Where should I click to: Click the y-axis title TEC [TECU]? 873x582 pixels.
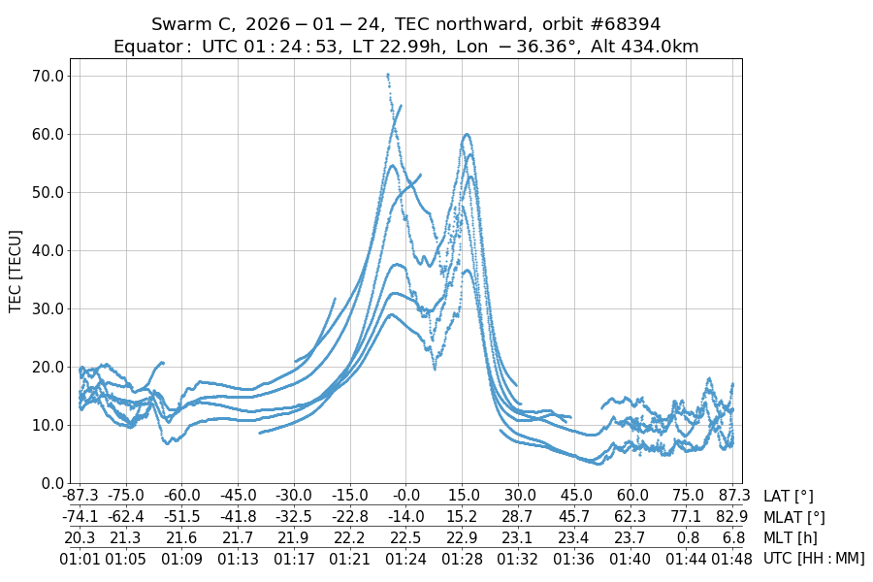click(x=16, y=271)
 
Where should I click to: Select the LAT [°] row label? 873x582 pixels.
click(x=789, y=497)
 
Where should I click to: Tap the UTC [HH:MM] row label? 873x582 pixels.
click(x=813, y=558)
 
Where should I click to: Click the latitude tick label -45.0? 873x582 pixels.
click(x=238, y=497)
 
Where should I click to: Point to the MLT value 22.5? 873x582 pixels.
click(x=406, y=537)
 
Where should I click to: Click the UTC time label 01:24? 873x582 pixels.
click(x=406, y=558)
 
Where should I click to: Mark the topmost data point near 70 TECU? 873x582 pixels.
click(x=388, y=75)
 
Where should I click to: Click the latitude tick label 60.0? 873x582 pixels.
click(x=631, y=497)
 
